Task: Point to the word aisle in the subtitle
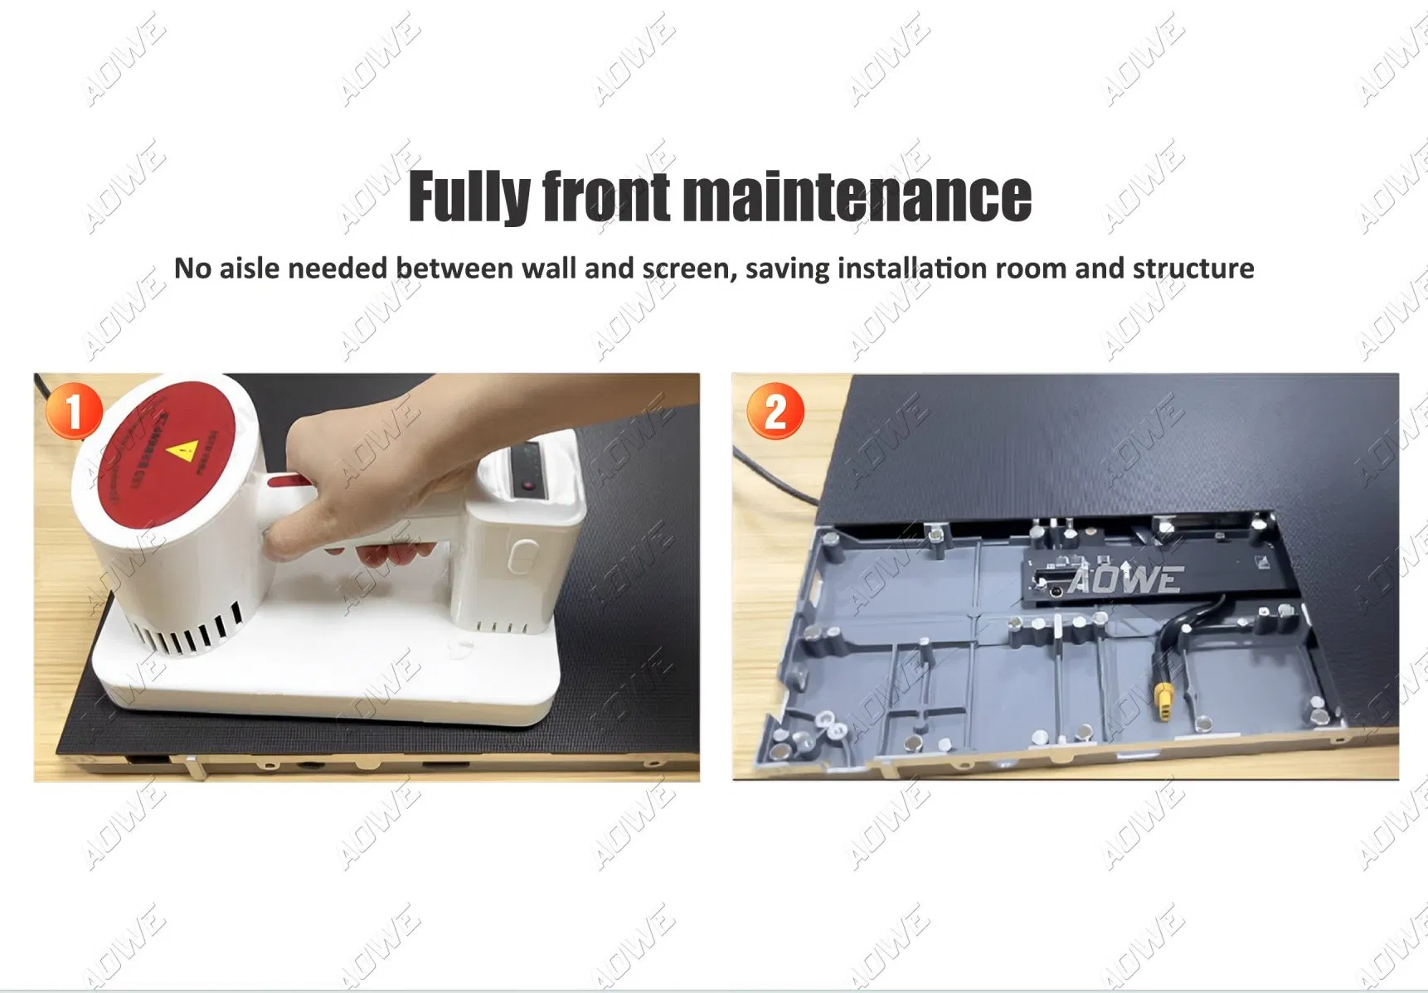click(x=250, y=269)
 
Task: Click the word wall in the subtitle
click(x=550, y=269)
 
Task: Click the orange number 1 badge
click(x=74, y=411)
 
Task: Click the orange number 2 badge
click(x=775, y=411)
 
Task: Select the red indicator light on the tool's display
click(x=526, y=485)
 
